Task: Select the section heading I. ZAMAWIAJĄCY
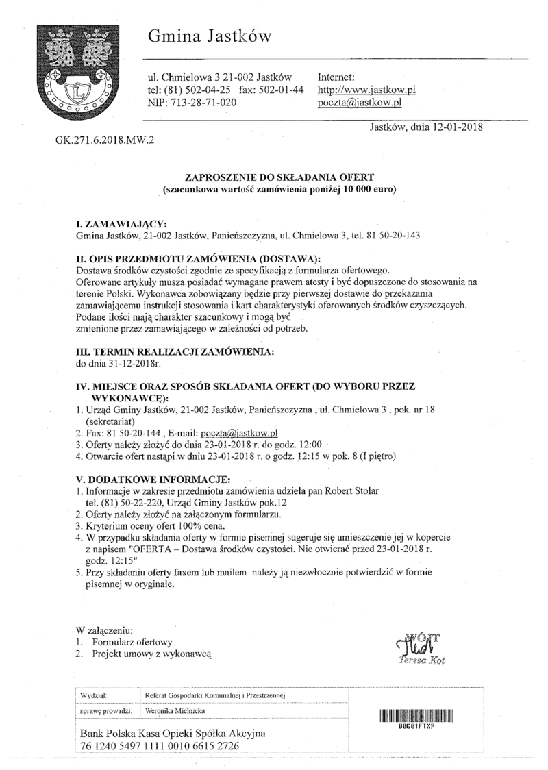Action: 121,225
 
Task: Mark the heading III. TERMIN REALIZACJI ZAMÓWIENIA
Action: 175,351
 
